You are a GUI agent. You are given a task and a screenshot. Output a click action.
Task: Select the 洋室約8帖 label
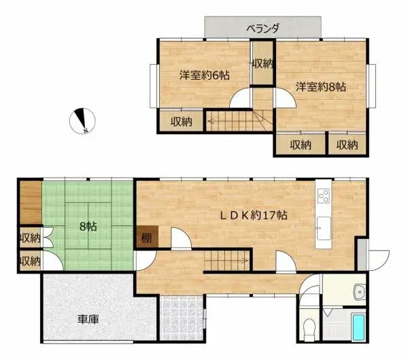pyautogui.click(x=322, y=87)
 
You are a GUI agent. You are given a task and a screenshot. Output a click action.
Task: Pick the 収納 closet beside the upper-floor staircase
pyautogui.click(x=181, y=122)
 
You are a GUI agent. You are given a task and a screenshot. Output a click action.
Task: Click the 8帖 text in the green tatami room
pyautogui.click(x=87, y=225)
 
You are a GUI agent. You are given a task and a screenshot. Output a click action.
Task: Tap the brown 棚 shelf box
pyautogui.click(x=147, y=238)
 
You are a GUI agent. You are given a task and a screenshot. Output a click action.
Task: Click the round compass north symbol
pyautogui.click(x=82, y=120)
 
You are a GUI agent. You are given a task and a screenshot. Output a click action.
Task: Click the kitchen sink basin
pyautogui.click(x=322, y=227)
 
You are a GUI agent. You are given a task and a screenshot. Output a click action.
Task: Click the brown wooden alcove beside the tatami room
pyautogui.click(x=31, y=201)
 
